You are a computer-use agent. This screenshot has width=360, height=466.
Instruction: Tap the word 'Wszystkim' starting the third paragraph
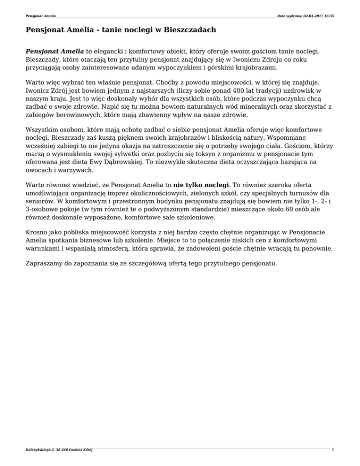[x=43, y=132]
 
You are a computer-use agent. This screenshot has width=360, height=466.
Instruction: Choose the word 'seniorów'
[x=41, y=200]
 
